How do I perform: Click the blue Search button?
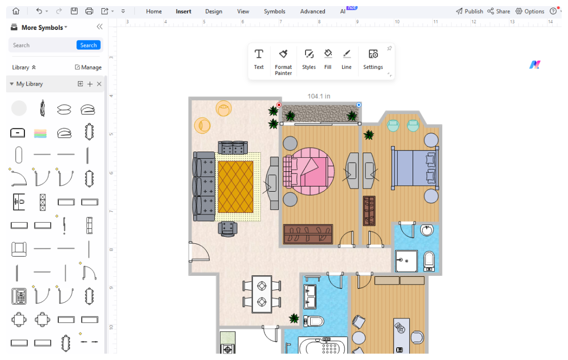[88, 45]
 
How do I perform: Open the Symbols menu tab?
[274, 11]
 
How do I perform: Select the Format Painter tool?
[283, 62]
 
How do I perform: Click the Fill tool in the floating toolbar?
[328, 59]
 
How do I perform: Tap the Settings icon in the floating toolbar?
[373, 59]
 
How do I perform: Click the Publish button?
[469, 11]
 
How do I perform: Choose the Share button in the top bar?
[499, 11]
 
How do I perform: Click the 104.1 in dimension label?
[319, 96]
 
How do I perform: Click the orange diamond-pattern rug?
[235, 187]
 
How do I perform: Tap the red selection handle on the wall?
[279, 105]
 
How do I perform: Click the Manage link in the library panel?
[88, 67]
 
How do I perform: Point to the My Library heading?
[29, 84]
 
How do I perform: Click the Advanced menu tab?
[312, 11]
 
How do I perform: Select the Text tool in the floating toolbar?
[259, 59]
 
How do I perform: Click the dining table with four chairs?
[261, 294]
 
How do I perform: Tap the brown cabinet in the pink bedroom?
[308, 234]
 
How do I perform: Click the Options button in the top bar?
[530, 11]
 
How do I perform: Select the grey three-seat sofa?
[204, 186]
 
